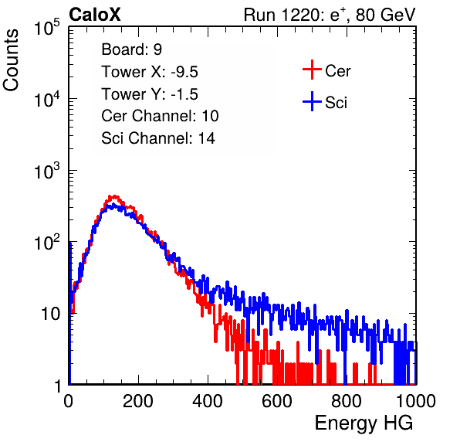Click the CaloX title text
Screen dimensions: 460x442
coord(94,15)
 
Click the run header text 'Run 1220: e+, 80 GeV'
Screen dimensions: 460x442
coord(330,15)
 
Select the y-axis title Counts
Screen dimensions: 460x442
coord(11,60)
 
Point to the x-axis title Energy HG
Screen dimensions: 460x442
coord(364,423)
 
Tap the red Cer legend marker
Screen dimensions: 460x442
coord(312,70)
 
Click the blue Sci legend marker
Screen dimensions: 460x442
coord(312,102)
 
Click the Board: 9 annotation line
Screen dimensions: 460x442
coord(131,49)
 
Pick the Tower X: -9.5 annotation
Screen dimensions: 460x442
coord(150,72)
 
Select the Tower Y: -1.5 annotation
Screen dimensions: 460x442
coord(150,94)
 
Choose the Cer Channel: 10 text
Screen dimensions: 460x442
coord(160,116)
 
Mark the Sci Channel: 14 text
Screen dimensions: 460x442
coord(158,138)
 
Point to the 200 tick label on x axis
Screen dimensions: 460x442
coord(138,401)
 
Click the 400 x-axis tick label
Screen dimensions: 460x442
coord(208,401)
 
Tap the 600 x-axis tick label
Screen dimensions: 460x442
coord(277,401)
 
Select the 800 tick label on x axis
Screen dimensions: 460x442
coord(347,401)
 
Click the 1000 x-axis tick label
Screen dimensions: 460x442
coord(416,401)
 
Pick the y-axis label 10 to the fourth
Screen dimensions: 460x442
coord(47,99)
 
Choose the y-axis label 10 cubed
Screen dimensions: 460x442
coord(47,171)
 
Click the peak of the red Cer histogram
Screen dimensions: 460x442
coord(113,196)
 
